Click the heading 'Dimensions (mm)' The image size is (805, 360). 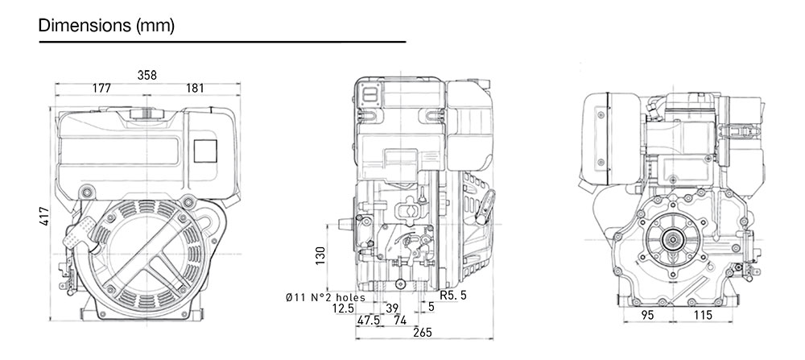pyautogui.click(x=105, y=26)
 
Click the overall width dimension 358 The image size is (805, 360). pyautogui.click(x=147, y=75)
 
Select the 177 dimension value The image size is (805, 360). pyautogui.click(x=101, y=88)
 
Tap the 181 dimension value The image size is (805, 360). pyautogui.click(x=194, y=88)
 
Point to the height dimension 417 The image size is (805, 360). pyautogui.click(x=45, y=215)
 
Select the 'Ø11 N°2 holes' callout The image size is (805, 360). pyautogui.click(x=325, y=297)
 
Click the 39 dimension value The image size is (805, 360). pyautogui.click(x=392, y=308)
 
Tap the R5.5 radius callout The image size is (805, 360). pyautogui.click(x=453, y=296)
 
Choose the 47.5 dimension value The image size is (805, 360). pyautogui.click(x=369, y=321)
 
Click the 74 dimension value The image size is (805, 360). pyautogui.click(x=400, y=321)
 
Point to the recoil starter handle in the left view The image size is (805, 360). pyautogui.click(x=76, y=236)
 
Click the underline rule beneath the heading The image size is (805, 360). pyautogui.click(x=222, y=41)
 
